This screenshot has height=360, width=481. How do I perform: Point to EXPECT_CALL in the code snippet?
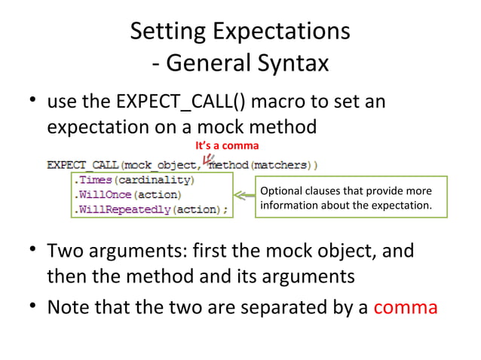coord(84,164)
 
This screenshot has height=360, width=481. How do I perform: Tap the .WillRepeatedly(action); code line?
coord(151,209)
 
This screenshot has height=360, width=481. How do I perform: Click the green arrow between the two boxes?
coord(243,196)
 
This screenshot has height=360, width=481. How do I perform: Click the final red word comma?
coord(405,307)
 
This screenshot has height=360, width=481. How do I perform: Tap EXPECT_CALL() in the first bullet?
coord(178,100)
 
